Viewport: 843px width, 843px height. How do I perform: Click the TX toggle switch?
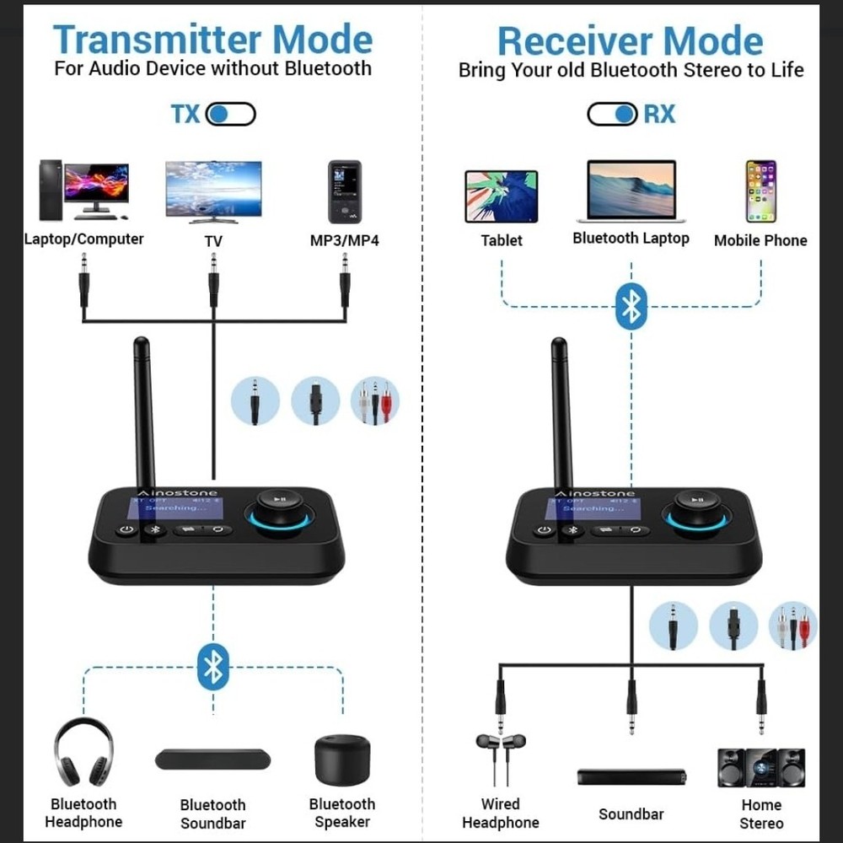coord(230,114)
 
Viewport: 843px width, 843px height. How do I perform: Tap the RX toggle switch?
coord(612,114)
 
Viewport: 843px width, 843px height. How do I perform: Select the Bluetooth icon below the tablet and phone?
coord(631,305)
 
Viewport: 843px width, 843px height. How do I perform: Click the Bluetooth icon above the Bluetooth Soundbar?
coord(212,667)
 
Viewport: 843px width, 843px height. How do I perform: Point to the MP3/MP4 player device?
coord(344,191)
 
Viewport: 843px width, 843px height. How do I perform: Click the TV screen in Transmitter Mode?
coord(213,190)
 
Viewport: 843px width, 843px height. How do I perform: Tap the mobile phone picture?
coord(760,191)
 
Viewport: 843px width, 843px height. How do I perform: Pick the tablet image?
coord(501,196)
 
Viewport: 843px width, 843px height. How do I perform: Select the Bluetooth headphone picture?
coord(83,753)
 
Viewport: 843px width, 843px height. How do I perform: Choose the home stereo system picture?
coord(760,767)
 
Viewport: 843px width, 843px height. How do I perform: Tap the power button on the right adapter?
coord(544,531)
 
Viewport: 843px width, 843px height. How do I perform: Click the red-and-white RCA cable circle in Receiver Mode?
coord(793,626)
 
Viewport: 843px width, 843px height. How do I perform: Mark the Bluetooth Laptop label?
coord(631,239)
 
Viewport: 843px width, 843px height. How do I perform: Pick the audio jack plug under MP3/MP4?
coord(344,283)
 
